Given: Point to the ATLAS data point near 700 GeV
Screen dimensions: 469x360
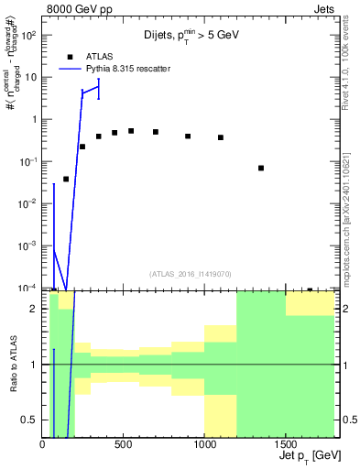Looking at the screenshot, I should click(x=156, y=132).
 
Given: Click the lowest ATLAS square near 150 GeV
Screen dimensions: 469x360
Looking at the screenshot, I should click(x=66, y=180).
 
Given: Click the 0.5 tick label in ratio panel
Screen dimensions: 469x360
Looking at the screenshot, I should click(x=29, y=420).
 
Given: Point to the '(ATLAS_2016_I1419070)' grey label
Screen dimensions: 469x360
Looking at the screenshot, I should click(x=191, y=273).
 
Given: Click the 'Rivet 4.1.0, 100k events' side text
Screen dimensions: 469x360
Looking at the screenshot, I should click(x=351, y=73).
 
